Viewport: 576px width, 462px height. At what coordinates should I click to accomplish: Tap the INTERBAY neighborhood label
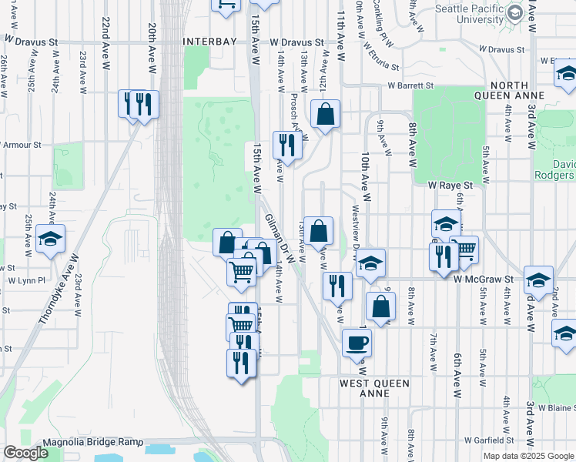(x=208, y=42)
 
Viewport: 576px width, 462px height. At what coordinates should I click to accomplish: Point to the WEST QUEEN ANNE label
(x=375, y=387)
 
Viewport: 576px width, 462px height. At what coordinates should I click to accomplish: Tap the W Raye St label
(x=450, y=185)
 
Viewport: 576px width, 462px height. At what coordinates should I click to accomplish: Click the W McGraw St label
(x=483, y=278)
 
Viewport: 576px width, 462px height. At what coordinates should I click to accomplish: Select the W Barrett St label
(x=410, y=86)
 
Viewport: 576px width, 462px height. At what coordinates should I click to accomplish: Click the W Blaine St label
(x=557, y=407)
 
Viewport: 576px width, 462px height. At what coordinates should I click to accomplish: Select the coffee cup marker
(x=357, y=342)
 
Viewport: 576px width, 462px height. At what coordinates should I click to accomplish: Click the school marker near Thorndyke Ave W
(x=51, y=239)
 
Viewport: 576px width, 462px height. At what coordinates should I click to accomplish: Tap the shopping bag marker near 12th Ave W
(x=326, y=115)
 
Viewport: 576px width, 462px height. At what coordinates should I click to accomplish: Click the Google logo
(x=25, y=453)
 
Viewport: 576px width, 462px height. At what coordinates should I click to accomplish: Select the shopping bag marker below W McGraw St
(x=380, y=306)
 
